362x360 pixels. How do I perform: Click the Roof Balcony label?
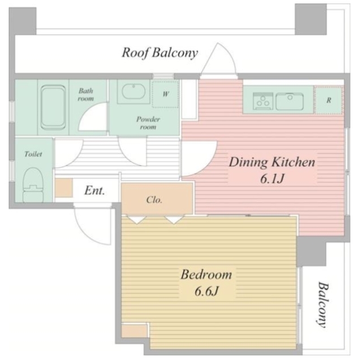(x=160, y=53)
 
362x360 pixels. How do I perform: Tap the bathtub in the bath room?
(x=53, y=108)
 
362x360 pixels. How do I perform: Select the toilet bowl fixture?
(x=34, y=185)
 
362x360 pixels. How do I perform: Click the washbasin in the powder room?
(x=133, y=92)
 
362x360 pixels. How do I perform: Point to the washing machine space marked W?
(x=165, y=94)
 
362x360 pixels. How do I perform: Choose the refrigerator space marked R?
(x=329, y=100)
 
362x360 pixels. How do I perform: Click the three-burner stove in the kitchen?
(x=263, y=101)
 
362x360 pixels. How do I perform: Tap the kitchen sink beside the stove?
(x=290, y=101)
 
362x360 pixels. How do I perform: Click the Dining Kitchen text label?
(x=271, y=162)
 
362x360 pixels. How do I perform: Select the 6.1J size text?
(x=271, y=179)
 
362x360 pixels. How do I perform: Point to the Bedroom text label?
(x=206, y=275)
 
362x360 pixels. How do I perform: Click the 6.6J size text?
(x=206, y=291)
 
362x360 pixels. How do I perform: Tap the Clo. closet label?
(x=154, y=200)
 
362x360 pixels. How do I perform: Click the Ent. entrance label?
(x=94, y=191)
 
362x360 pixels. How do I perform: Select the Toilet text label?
(x=33, y=154)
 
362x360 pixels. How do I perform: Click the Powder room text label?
(x=148, y=123)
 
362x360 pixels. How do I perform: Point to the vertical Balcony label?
(x=322, y=305)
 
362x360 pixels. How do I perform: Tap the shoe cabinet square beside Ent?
(x=64, y=188)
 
